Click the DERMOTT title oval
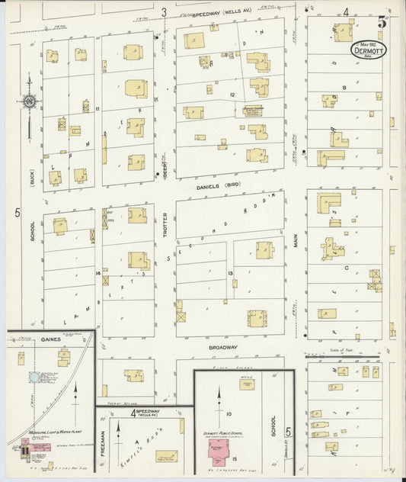coord(369,49)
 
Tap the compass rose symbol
coord(30,100)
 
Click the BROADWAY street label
coord(223,347)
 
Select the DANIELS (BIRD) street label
coord(213,185)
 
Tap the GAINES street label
coord(51,338)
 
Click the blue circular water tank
coord(34,377)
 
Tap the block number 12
coord(230,94)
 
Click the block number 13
coord(230,272)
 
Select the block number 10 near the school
coord(229,413)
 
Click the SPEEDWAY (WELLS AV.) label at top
coord(216,14)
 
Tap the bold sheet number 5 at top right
coord(382,22)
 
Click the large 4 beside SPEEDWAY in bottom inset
coord(134,414)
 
